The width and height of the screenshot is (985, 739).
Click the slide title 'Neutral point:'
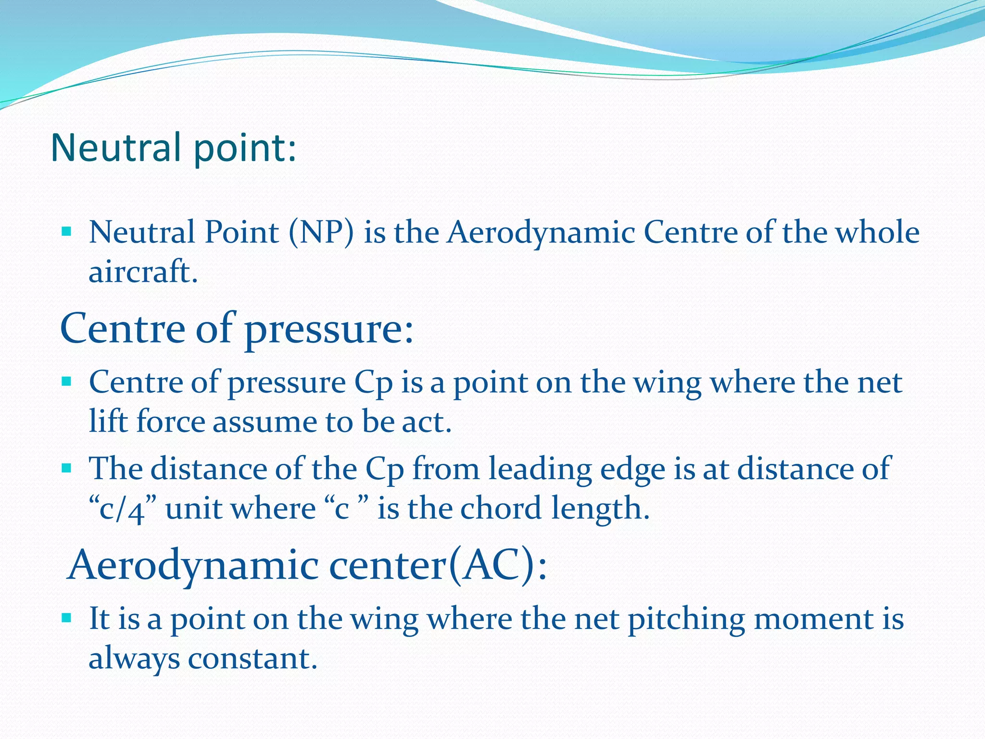click(173, 148)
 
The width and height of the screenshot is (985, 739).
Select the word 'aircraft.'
click(143, 272)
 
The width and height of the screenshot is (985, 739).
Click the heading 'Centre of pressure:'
click(236, 329)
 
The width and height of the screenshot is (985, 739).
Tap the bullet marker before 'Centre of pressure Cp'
click(66, 383)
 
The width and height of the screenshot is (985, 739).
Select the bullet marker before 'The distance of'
click(66, 468)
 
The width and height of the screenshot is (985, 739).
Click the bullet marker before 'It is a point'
click(66, 618)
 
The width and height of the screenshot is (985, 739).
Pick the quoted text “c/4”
click(123, 509)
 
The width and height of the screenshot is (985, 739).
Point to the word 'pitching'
click(686, 619)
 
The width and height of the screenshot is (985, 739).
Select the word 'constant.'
click(253, 658)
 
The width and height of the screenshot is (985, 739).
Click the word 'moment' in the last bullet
click(813, 619)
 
